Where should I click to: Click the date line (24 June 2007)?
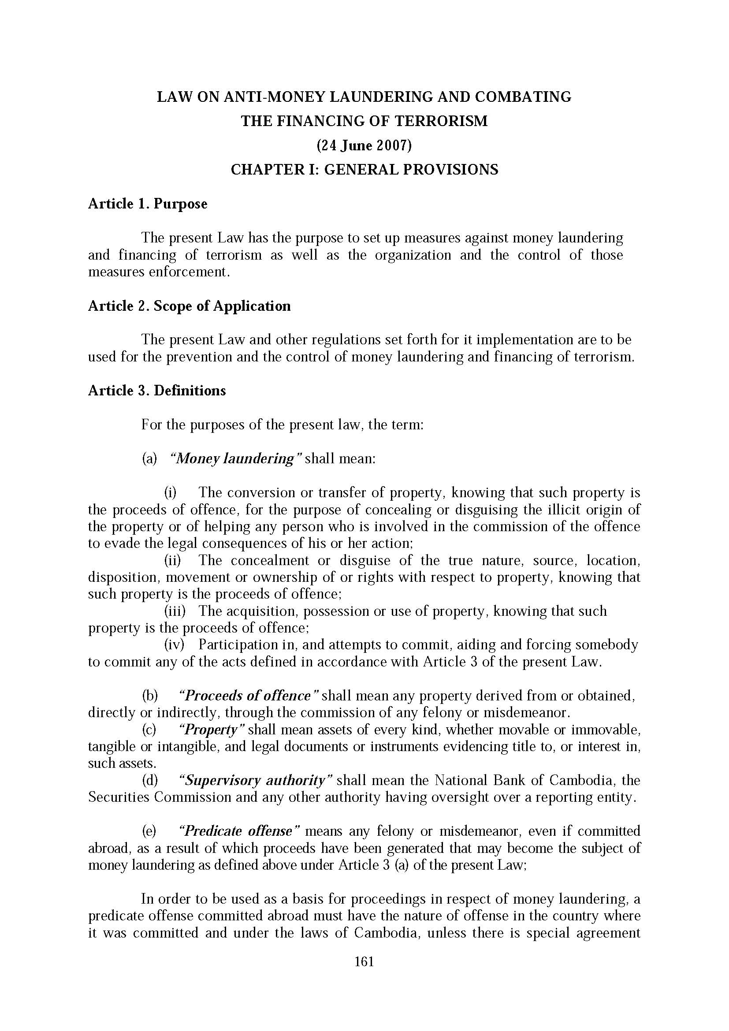tap(364, 145)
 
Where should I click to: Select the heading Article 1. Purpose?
tap(148, 204)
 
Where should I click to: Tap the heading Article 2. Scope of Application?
tap(189, 306)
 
